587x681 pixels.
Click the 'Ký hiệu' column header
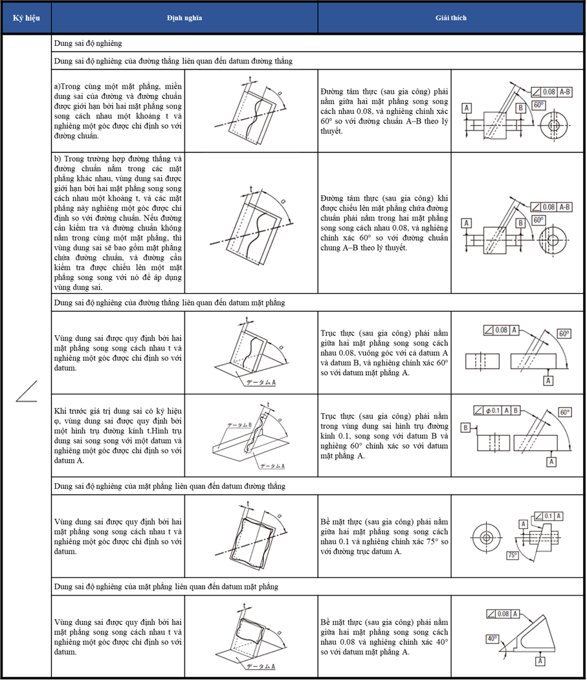26,18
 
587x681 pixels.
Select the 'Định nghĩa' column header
184,18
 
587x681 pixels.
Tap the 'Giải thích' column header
451,18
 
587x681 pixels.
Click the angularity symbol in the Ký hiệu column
27,391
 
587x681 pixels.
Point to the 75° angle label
513,555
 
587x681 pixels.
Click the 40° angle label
492,638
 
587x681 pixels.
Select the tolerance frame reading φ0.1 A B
496,411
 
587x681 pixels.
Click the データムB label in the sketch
239,425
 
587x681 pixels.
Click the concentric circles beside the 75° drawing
486,537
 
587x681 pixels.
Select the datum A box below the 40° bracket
540,661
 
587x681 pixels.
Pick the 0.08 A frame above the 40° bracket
503,614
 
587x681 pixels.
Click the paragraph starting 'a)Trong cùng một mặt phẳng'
118,111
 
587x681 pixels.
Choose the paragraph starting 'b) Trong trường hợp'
118,223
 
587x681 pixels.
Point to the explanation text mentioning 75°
384,536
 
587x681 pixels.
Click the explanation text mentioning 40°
384,637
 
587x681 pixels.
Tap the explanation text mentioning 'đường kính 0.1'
384,436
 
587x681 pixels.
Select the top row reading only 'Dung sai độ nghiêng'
88,43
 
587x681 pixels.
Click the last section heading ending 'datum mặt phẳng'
166,587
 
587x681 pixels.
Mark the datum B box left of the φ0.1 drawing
465,427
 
